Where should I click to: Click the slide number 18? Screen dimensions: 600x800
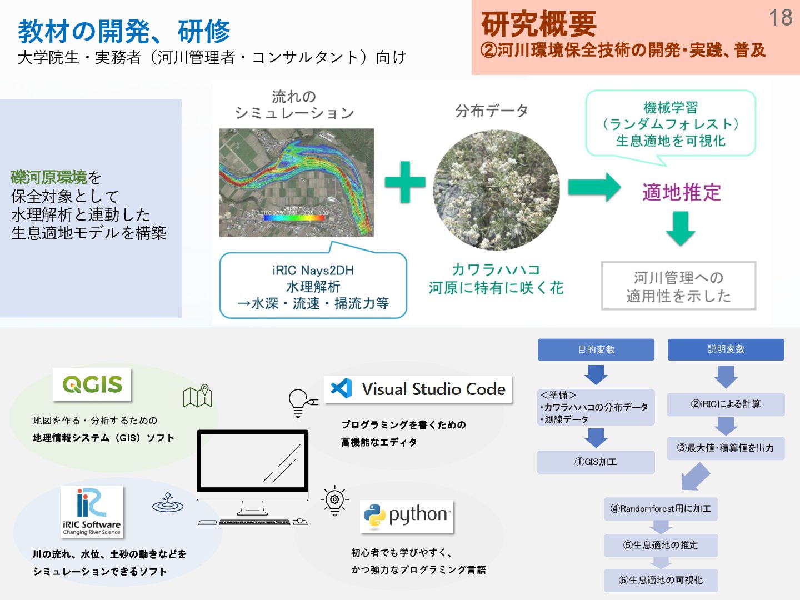(780, 18)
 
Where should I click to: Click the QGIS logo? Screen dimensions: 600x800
(92, 384)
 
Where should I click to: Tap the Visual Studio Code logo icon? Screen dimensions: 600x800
(341, 388)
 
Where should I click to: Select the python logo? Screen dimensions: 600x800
(407, 516)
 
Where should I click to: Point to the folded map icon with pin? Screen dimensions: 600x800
(198, 396)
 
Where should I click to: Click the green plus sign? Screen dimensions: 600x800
(405, 182)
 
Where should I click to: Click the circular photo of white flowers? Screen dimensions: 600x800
(496, 190)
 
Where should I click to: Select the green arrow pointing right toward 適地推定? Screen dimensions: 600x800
(594, 187)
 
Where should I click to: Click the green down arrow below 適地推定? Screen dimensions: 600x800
(681, 228)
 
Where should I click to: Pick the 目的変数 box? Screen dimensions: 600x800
(596, 349)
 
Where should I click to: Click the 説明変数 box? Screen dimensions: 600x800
(726, 349)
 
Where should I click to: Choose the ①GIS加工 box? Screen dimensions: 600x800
(596, 462)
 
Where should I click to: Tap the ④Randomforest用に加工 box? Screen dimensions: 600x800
(661, 508)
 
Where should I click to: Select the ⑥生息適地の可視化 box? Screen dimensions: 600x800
(661, 580)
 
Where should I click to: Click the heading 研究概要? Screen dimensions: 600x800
(538, 24)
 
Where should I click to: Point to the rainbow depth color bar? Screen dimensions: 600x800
(294, 218)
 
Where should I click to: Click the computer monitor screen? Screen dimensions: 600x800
(252, 459)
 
